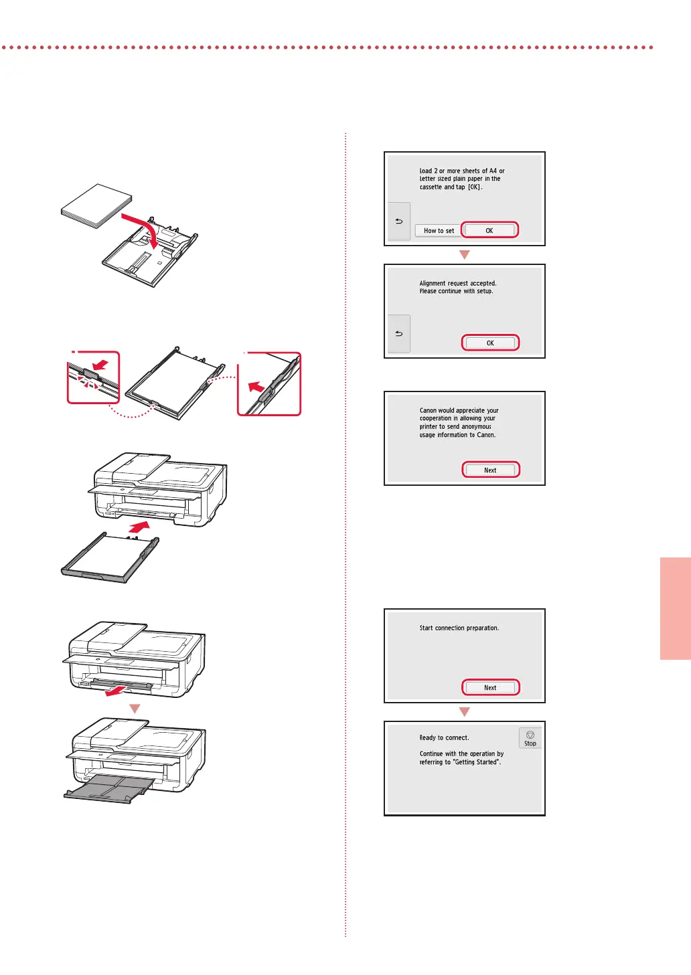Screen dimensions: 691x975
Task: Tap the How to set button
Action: coord(439,231)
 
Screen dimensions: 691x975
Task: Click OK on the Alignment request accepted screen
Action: coord(490,343)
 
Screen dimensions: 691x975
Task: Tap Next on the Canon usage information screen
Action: coord(490,470)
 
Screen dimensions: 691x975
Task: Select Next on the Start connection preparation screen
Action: coord(490,688)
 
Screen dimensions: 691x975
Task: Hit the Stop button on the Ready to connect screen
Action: coord(530,738)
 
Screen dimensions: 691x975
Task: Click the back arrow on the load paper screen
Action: coord(399,221)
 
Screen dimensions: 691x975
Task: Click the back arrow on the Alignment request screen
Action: coord(399,333)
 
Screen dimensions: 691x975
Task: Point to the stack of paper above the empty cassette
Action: coord(96,206)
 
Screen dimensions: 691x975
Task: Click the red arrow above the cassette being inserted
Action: coord(139,527)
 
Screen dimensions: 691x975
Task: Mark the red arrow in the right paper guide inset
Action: coord(256,387)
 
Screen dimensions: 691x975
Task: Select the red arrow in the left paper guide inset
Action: coord(100,364)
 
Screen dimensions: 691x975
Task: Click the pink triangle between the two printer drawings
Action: coord(135,709)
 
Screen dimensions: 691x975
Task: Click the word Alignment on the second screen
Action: coord(433,283)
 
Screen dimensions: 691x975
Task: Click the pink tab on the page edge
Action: coord(676,608)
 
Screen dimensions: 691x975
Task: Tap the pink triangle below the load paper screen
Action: coord(465,255)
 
